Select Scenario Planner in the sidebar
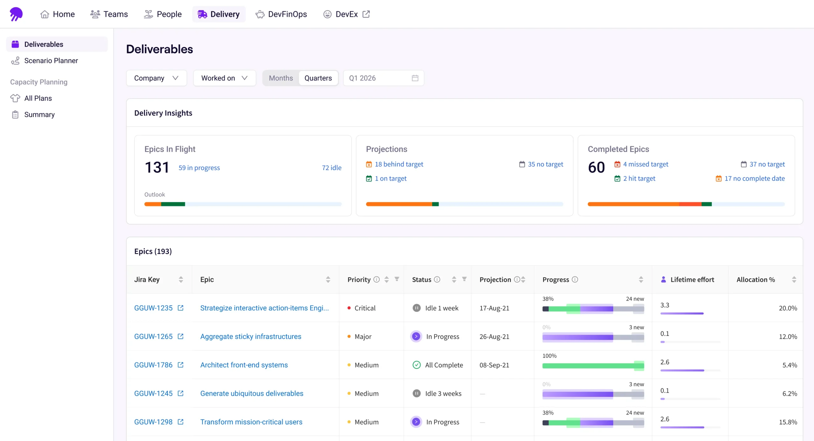pos(51,61)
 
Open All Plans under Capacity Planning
pos(38,98)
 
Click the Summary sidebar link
pos(39,114)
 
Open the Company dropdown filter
pos(156,78)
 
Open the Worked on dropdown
pos(224,78)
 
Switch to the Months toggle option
pos(281,78)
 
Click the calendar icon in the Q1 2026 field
pos(415,78)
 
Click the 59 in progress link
pos(199,168)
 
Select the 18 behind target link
pos(399,164)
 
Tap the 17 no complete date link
pos(755,179)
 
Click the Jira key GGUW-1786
pos(153,365)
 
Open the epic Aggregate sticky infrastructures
pos(251,336)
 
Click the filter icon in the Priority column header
pos(397,279)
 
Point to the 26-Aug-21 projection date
pos(494,336)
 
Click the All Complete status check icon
pos(417,365)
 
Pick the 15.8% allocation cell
pos(788,422)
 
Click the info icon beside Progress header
pos(575,279)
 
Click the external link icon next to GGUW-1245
pos(181,393)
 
